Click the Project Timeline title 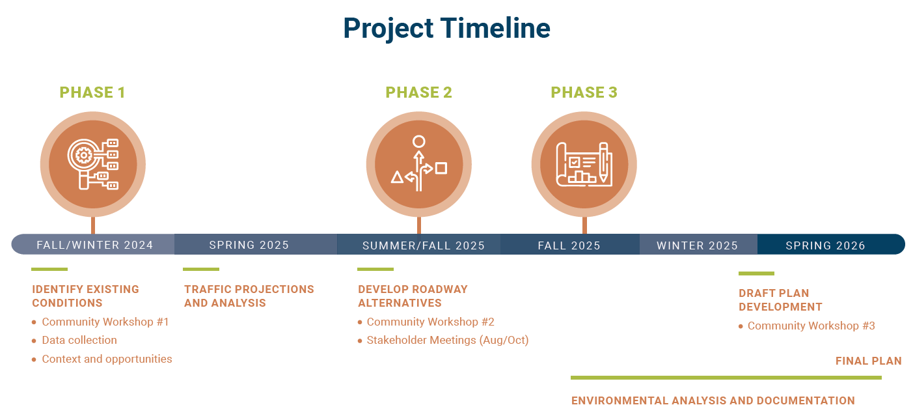(x=446, y=29)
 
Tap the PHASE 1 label (x=92, y=92)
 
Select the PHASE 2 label (x=418, y=92)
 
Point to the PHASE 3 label (x=584, y=92)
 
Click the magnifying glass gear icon (x=93, y=164)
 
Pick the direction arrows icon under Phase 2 (x=419, y=164)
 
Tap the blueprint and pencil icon (x=584, y=165)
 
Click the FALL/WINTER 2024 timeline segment (x=93, y=245)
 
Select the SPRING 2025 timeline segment (x=256, y=245)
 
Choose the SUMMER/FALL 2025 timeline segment (x=419, y=245)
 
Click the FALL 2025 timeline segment (x=570, y=245)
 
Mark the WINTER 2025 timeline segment (x=699, y=245)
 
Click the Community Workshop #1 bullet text (x=105, y=322)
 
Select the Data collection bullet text (x=79, y=340)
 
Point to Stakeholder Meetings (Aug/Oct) (x=448, y=340)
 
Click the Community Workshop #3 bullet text (x=811, y=326)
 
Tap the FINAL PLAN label (x=869, y=361)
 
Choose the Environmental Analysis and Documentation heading (x=713, y=400)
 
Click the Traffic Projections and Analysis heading (x=249, y=296)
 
